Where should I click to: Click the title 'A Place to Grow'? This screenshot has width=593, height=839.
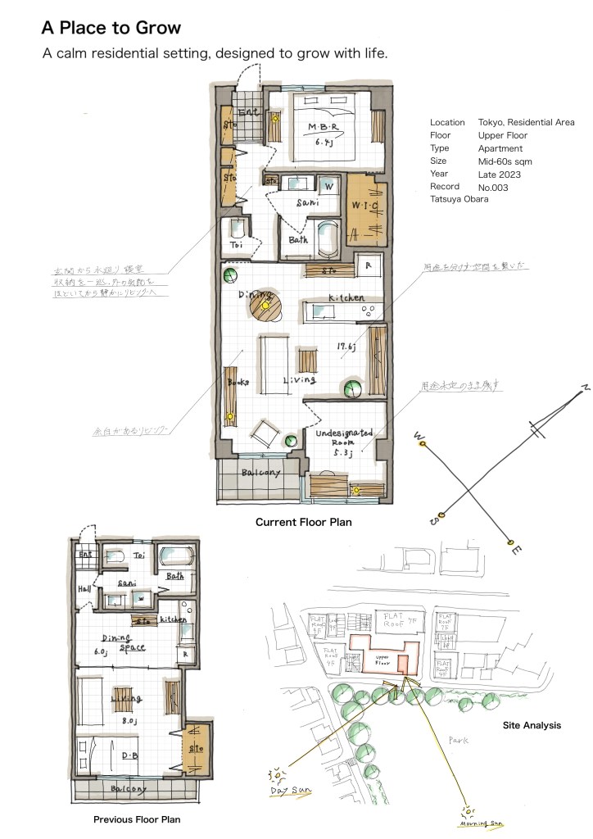tap(111, 29)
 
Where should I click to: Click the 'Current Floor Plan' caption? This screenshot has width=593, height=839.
tap(303, 522)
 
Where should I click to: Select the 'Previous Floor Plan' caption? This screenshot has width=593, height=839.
tap(137, 819)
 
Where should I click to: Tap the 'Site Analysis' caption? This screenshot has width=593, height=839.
tap(532, 725)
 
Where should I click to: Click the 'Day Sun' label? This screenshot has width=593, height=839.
tap(289, 792)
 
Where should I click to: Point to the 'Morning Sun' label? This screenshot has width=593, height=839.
tap(482, 823)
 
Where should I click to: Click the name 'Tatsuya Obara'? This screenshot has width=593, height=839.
tap(459, 199)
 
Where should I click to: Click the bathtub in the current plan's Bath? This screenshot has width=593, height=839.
tap(326, 238)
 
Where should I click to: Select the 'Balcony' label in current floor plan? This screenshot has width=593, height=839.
tap(260, 473)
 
